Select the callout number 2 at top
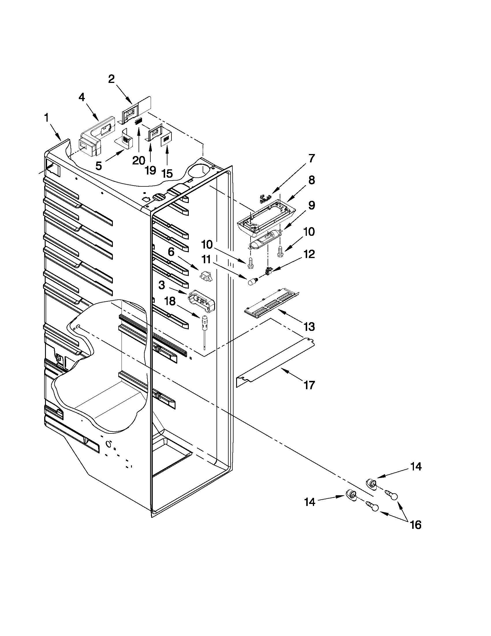point(111,79)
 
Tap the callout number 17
point(309,385)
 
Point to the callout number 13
point(309,327)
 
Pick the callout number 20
point(139,160)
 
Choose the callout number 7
point(311,159)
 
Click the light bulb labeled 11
point(251,282)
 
